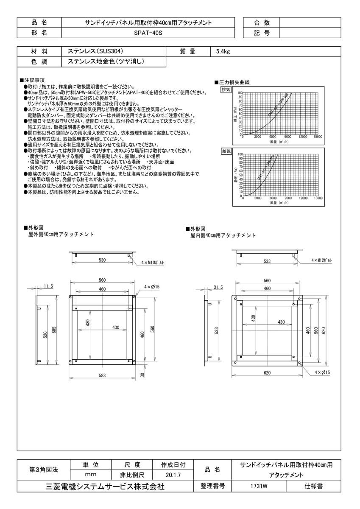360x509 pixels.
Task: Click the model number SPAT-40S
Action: click(148, 33)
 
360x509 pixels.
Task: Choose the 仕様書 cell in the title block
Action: click(314, 487)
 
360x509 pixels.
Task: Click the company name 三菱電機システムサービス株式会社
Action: click(105, 487)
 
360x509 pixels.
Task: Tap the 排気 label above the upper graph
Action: click(226, 90)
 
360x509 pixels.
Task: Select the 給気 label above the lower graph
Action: click(226, 151)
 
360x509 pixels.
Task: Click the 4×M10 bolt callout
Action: click(153, 263)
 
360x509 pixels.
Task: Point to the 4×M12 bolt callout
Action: click(322, 260)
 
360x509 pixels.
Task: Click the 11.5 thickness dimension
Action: click(48, 287)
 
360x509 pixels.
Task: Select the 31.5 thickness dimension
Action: click(218, 287)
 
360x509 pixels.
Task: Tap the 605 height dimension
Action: click(54, 330)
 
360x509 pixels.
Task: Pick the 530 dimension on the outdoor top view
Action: click(102, 260)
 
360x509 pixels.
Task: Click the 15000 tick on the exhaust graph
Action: click(318, 137)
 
